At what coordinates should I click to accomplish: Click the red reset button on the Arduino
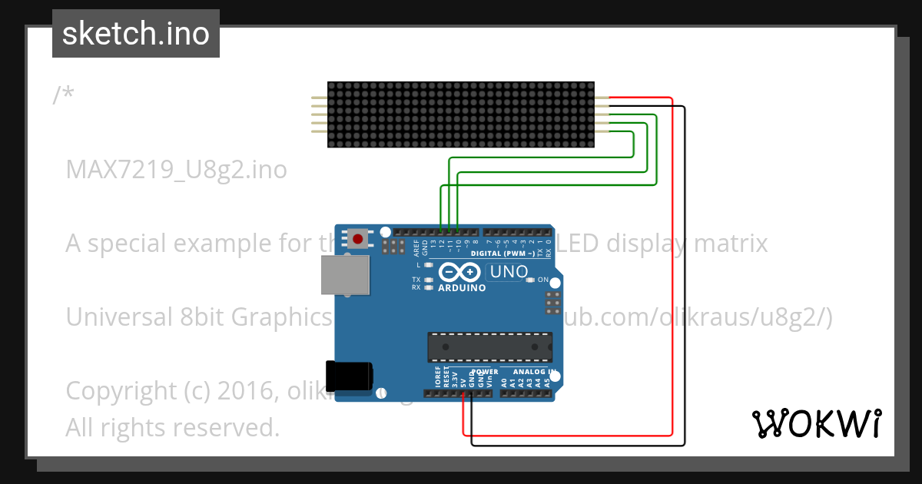pyautogui.click(x=357, y=237)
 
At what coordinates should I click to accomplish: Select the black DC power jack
pyautogui.click(x=349, y=376)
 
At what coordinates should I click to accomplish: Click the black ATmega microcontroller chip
pyautogui.click(x=489, y=346)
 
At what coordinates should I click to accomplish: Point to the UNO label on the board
pyautogui.click(x=509, y=272)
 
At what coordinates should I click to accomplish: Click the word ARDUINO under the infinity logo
pyautogui.click(x=461, y=288)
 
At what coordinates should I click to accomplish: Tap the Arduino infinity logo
pyautogui.click(x=460, y=273)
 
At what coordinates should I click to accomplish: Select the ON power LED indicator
pyautogui.click(x=530, y=280)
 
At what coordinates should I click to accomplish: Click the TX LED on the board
pyautogui.click(x=429, y=280)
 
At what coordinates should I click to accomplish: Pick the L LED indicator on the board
pyautogui.click(x=429, y=265)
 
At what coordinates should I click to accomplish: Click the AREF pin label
pyautogui.click(x=416, y=247)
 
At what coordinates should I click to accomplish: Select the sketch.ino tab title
pyautogui.click(x=136, y=34)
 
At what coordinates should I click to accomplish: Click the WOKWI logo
pyautogui.click(x=816, y=423)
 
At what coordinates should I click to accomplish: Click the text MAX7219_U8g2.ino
pyautogui.click(x=177, y=169)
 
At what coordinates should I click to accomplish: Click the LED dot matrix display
pyautogui.click(x=461, y=114)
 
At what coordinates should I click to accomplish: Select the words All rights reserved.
pyautogui.click(x=173, y=427)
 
